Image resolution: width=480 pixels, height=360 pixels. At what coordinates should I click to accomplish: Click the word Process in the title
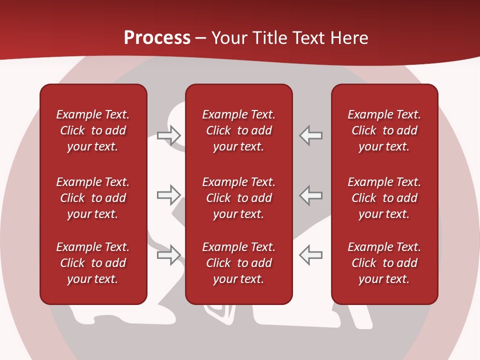coord(157,38)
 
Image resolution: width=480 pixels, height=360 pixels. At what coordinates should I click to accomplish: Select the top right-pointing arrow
coord(168,135)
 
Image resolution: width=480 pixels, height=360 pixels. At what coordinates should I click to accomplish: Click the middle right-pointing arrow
coord(168,195)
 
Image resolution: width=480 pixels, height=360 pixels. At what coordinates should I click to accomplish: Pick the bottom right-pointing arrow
coord(168,254)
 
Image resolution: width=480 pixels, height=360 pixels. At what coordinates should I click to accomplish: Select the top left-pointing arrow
coord(311,135)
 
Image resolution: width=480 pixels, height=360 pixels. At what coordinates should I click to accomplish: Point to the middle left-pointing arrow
coord(311,195)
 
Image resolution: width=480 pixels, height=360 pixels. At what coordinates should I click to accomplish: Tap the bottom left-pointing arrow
coord(311,254)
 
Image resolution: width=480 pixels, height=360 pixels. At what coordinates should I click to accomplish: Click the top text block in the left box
coord(93,130)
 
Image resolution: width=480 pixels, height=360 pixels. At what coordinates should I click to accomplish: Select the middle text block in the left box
coord(93,198)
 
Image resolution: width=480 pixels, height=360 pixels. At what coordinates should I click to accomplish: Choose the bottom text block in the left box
coord(93,263)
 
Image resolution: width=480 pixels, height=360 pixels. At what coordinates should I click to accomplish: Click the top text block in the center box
coord(238,130)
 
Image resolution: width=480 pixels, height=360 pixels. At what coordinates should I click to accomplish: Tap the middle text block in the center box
coord(238,198)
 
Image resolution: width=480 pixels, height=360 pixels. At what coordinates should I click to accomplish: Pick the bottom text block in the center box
coord(238,263)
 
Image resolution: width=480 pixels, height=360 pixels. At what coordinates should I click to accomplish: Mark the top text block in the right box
coord(384,130)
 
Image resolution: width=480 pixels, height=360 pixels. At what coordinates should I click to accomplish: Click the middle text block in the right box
coord(384,198)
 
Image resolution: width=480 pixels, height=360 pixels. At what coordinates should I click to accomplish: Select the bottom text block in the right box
coord(384,263)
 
